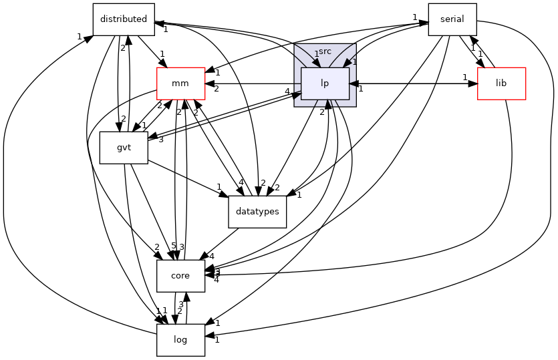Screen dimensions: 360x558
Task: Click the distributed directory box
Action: coord(123,19)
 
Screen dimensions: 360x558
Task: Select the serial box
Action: coord(452,19)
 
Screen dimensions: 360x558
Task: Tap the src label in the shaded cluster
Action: coord(325,51)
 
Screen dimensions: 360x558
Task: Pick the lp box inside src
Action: coord(325,83)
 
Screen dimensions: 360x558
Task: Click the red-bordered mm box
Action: coord(180,83)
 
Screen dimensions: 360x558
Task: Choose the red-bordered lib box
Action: coord(501,83)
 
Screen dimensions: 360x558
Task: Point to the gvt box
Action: coord(123,148)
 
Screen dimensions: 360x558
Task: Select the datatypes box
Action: coord(257,212)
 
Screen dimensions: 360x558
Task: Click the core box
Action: coord(180,276)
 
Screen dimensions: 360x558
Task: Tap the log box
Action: coord(180,340)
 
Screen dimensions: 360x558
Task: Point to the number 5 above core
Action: coord(173,246)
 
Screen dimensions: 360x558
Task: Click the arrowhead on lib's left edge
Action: coord(472,83)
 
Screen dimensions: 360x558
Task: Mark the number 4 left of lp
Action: coord(287,92)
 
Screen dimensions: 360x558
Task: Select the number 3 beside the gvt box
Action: coord(160,139)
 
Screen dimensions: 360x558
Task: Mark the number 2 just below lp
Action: coord(321,112)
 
